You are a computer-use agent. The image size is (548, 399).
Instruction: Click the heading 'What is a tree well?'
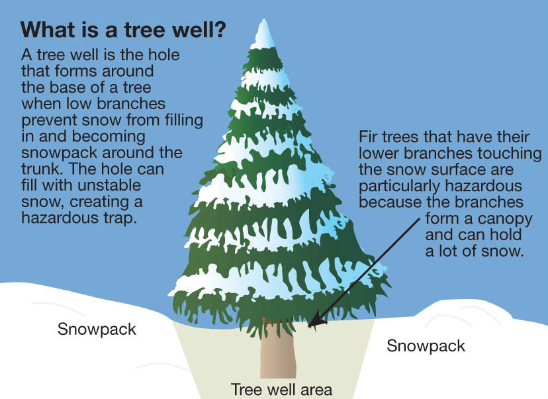coord(123,30)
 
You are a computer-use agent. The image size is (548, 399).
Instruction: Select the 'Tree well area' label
coord(281,390)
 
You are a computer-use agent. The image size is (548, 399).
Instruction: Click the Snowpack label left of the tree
coord(97,329)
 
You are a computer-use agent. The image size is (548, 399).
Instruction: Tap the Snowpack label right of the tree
coord(426,346)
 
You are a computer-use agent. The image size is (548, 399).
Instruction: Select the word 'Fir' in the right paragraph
coord(369,136)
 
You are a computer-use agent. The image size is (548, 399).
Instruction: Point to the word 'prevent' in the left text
coord(49,120)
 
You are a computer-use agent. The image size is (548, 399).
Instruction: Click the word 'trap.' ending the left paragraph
coord(119,218)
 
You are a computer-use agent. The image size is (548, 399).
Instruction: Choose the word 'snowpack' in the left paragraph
coord(60,153)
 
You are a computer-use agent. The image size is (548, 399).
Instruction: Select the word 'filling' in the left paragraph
coord(184,120)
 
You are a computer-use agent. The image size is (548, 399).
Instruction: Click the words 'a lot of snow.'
coord(475,251)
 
